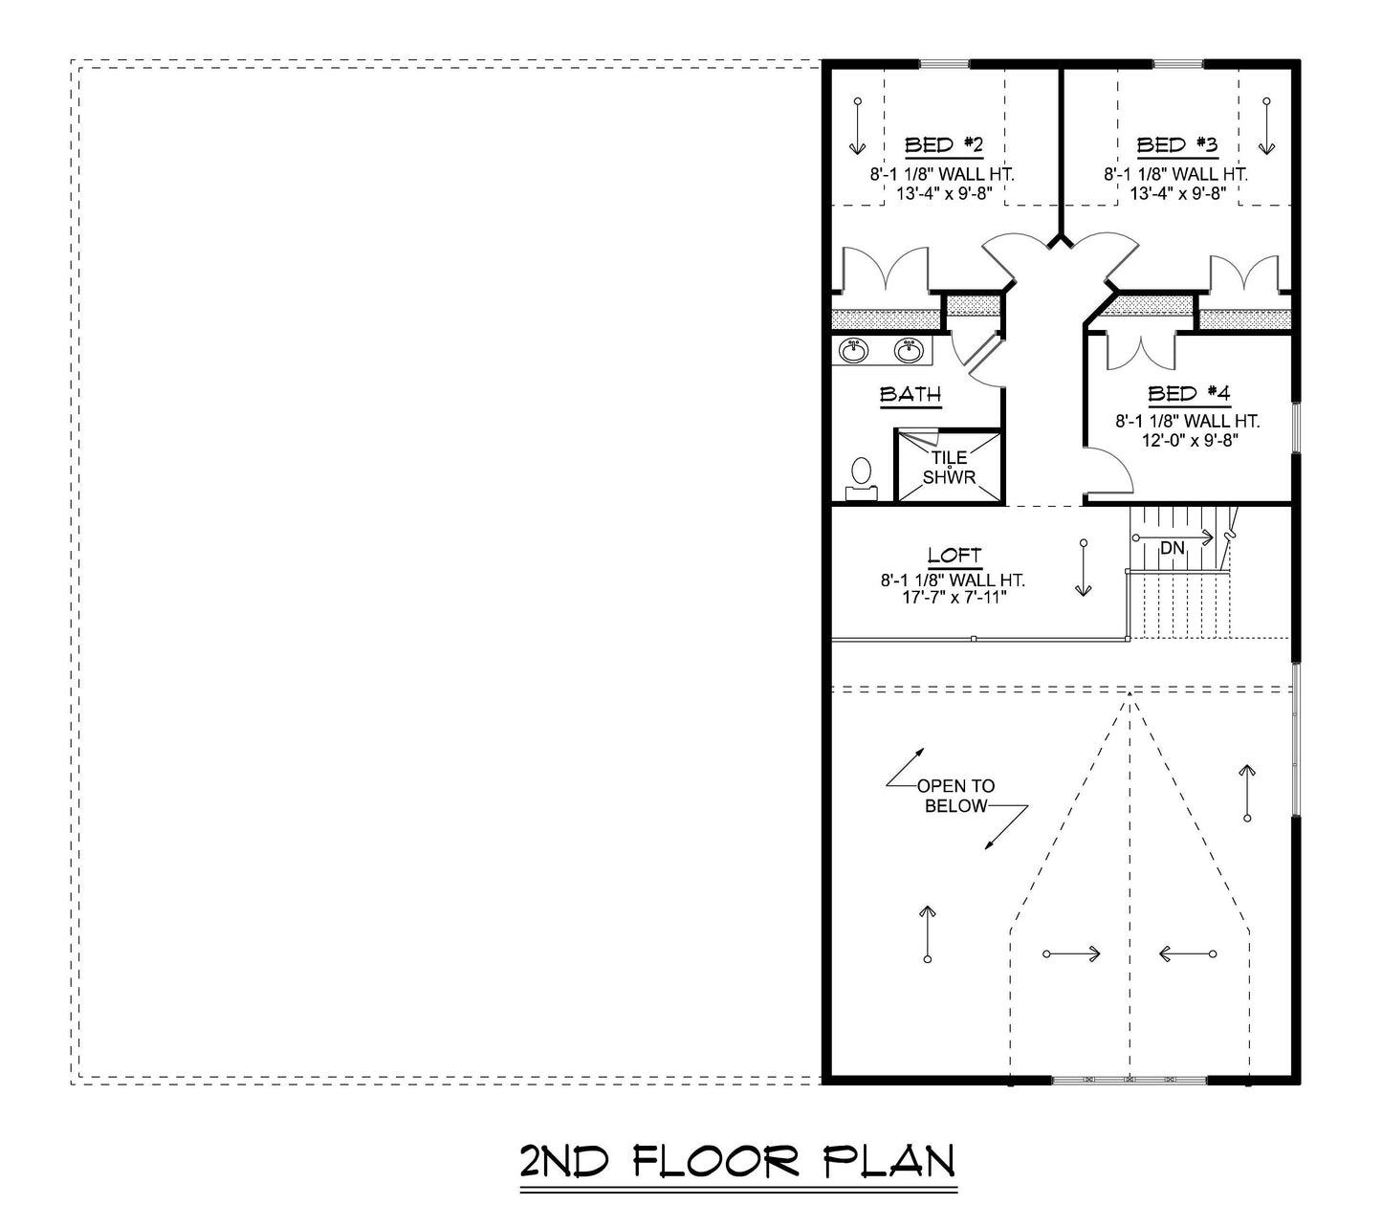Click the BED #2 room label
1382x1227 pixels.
(x=943, y=145)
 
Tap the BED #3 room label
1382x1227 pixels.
(x=1176, y=145)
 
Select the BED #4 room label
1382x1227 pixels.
(x=1188, y=394)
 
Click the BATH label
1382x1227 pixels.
(x=910, y=395)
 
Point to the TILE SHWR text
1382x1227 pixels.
(x=949, y=467)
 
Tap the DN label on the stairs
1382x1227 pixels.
(x=1172, y=548)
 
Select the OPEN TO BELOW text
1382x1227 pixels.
(x=955, y=796)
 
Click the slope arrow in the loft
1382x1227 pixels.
(x=1083, y=568)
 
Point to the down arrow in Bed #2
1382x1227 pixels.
(x=856, y=126)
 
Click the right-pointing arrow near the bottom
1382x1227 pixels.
(x=1071, y=953)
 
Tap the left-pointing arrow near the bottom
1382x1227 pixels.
(x=1186, y=953)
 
